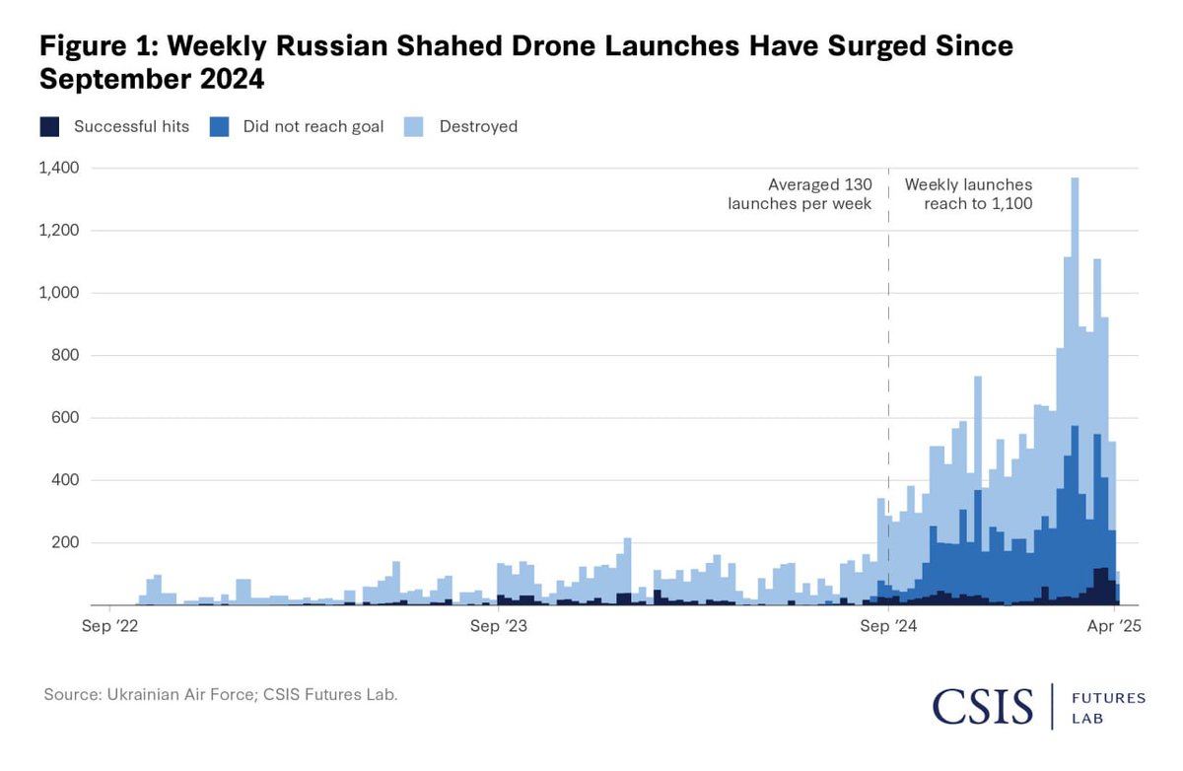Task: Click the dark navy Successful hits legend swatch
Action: (49, 126)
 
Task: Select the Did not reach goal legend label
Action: (313, 126)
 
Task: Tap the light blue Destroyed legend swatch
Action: (415, 126)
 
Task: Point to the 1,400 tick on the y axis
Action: (58, 169)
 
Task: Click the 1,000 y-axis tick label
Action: (58, 293)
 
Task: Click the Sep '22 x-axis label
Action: (111, 624)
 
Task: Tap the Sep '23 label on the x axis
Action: (500, 624)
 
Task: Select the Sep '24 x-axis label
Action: (888, 624)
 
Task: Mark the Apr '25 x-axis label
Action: (1113, 624)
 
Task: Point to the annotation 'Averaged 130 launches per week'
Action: (800, 194)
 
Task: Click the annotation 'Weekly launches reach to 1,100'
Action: (969, 194)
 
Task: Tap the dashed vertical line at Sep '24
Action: (888, 394)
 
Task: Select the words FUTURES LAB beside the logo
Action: (1108, 709)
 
